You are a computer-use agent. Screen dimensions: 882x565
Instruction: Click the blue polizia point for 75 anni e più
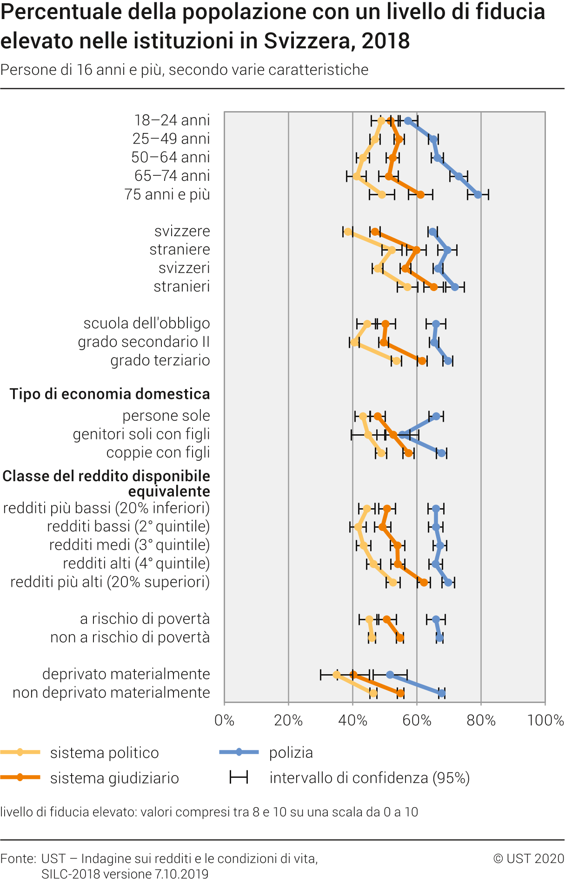(478, 195)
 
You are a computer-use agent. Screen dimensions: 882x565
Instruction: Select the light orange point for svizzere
(348, 232)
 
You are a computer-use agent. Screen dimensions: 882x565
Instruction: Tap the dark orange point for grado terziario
(422, 361)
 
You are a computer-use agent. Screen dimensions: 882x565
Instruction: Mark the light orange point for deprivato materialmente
(337, 675)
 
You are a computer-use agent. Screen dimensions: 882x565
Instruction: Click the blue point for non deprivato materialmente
(441, 693)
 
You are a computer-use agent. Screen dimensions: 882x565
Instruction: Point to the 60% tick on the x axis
(417, 720)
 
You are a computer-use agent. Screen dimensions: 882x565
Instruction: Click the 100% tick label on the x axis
(545, 720)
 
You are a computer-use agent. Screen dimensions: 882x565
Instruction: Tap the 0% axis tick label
(224, 720)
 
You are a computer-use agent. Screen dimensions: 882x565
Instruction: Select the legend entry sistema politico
(104, 753)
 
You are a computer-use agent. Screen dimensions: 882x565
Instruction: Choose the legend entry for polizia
(291, 753)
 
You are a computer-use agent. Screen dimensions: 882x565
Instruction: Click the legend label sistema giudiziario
(114, 778)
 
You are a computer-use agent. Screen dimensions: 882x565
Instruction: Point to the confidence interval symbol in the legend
(239, 777)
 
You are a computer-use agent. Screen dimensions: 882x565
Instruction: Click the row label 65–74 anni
(172, 176)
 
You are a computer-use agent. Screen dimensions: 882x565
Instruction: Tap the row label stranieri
(182, 286)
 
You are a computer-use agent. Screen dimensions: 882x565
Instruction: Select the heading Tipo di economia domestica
(110, 394)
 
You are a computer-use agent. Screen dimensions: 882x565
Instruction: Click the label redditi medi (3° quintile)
(129, 545)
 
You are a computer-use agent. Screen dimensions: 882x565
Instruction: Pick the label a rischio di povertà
(145, 619)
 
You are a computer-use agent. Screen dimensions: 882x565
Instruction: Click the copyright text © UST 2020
(529, 858)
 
